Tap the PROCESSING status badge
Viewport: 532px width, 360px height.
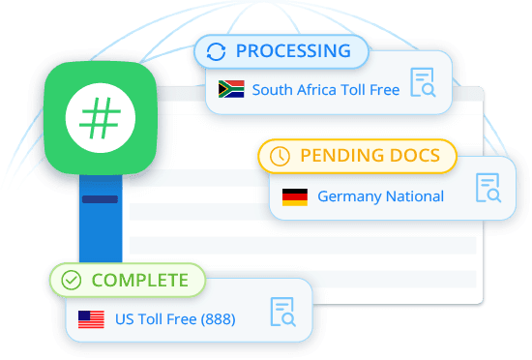pos(281,51)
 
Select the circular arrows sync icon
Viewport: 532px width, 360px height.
pos(217,51)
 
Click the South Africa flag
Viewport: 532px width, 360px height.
pos(232,89)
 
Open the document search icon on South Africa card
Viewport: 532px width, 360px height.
pos(423,83)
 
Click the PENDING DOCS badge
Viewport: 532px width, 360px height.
pos(355,155)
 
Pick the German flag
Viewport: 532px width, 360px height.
pos(294,196)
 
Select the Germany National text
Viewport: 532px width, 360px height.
pos(380,196)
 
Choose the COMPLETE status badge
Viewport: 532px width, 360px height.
pos(128,281)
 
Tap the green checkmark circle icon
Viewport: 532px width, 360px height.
pos(71,281)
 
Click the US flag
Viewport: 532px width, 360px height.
pos(91,318)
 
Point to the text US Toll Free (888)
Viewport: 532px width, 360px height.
pos(174,318)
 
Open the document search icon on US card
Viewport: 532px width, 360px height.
pos(282,312)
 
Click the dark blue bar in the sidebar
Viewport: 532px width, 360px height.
pos(100,199)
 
